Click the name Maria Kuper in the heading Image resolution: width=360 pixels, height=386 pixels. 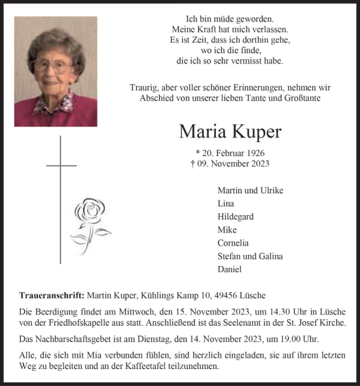click(x=230, y=132)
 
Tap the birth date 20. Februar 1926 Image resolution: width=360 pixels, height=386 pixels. click(x=232, y=153)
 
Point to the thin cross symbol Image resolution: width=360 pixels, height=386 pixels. click(x=60, y=197)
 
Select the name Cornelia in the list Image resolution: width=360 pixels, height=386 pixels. click(x=234, y=243)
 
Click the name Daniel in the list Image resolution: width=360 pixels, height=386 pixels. click(x=230, y=269)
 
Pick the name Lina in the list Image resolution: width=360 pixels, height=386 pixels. click(x=226, y=204)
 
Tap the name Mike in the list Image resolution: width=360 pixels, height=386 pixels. click(x=227, y=230)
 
